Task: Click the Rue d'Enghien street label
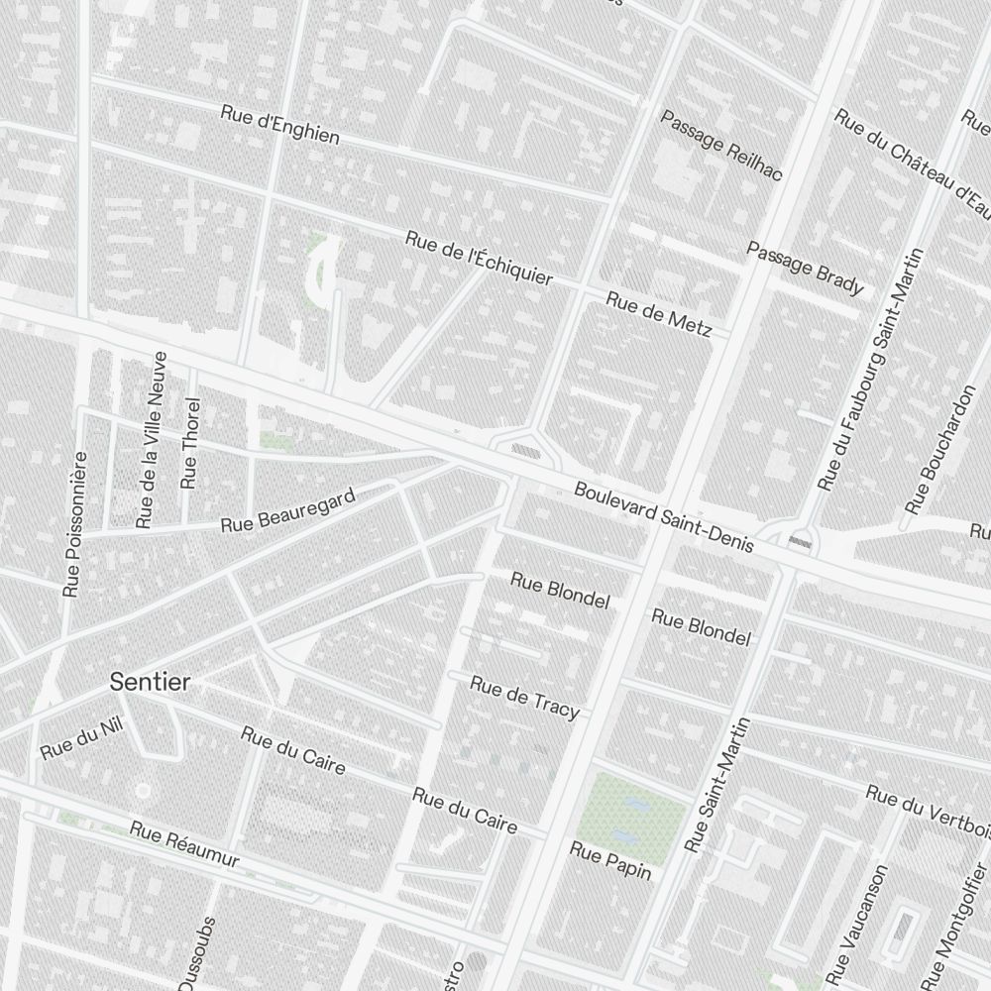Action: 280,125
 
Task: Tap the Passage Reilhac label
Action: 720,147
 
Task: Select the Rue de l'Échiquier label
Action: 479,258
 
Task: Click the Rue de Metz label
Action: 658,314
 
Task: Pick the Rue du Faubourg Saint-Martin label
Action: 870,369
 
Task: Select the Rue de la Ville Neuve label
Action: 152,438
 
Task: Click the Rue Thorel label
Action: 191,443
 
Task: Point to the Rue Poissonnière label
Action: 75,524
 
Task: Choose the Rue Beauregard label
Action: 287,510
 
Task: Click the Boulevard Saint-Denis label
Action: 664,516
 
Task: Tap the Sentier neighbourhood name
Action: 151,682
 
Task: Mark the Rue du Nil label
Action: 80,738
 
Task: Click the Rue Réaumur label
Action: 184,844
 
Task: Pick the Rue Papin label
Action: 610,859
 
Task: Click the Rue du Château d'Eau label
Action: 912,165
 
